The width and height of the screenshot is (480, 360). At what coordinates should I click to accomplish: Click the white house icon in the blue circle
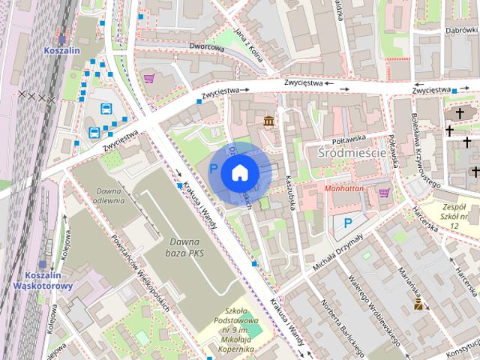pos(239,172)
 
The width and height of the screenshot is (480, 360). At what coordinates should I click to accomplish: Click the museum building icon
pos(268,121)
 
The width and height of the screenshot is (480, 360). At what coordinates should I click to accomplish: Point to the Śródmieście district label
pos(351,154)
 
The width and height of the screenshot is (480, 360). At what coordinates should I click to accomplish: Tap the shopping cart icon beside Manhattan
pos(385,193)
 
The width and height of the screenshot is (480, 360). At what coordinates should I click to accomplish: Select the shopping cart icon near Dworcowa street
pos(149,77)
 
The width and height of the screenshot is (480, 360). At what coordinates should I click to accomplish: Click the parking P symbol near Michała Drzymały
pos(347,223)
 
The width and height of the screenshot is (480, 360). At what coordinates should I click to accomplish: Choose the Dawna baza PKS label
pos(185,247)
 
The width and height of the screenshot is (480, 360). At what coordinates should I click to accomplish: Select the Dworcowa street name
pos(208,47)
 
